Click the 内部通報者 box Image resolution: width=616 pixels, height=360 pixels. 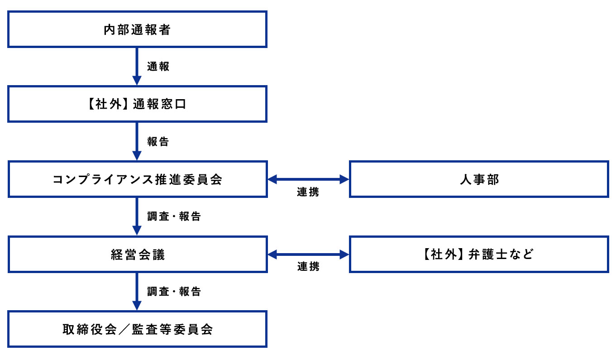click(137, 29)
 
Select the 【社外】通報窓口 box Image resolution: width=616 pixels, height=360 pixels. click(137, 104)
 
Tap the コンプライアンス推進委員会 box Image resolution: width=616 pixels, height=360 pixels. click(137, 179)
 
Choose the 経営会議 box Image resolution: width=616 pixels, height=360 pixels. click(137, 254)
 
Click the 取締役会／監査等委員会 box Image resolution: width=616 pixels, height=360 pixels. click(137, 329)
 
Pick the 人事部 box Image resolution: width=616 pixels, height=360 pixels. click(479, 179)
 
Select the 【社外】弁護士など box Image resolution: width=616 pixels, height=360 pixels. click(479, 254)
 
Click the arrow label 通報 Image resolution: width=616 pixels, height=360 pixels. click(158, 67)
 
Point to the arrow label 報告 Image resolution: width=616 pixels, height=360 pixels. click(158, 142)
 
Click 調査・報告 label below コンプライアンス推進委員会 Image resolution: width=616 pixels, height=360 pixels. click(174, 216)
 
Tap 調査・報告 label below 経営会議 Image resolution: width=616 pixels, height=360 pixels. click(174, 292)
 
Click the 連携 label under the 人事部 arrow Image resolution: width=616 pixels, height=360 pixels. click(308, 192)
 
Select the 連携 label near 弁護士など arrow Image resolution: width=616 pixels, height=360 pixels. click(308, 267)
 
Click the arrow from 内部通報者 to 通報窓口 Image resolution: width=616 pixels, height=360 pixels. click(137, 66)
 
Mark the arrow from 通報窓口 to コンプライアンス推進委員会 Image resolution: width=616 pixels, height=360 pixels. click(137, 141)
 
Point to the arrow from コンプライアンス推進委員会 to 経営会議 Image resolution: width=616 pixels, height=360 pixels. click(137, 216)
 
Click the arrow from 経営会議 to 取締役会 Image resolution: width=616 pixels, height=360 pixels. click(137, 291)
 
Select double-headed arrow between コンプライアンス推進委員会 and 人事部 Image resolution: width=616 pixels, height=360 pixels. click(308, 180)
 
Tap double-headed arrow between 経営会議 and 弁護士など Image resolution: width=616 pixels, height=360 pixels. click(308, 254)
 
